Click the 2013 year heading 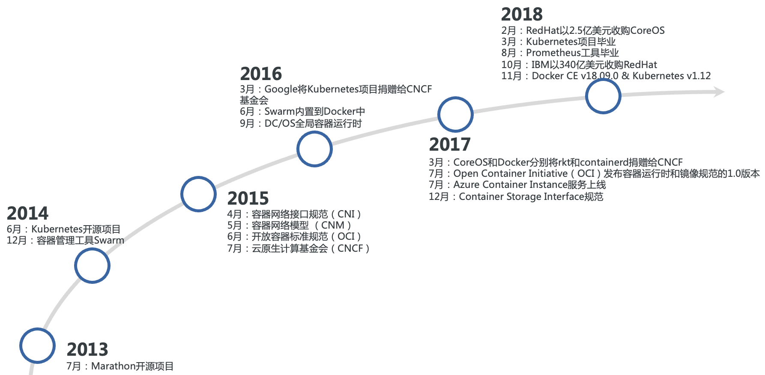[x=87, y=349]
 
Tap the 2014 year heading [x=28, y=213]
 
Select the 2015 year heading [x=248, y=198]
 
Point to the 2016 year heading [x=261, y=74]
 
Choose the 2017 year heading [x=450, y=144]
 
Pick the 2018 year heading [x=522, y=15]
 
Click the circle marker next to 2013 [x=37, y=345]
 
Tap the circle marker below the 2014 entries [x=92, y=265]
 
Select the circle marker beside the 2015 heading [x=198, y=194]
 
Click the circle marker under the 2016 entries [x=314, y=149]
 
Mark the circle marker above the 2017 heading [x=455, y=114]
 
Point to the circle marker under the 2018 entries [x=603, y=96]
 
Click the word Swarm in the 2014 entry [x=109, y=241]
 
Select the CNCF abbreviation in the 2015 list [x=350, y=248]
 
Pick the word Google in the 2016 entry [x=281, y=89]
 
